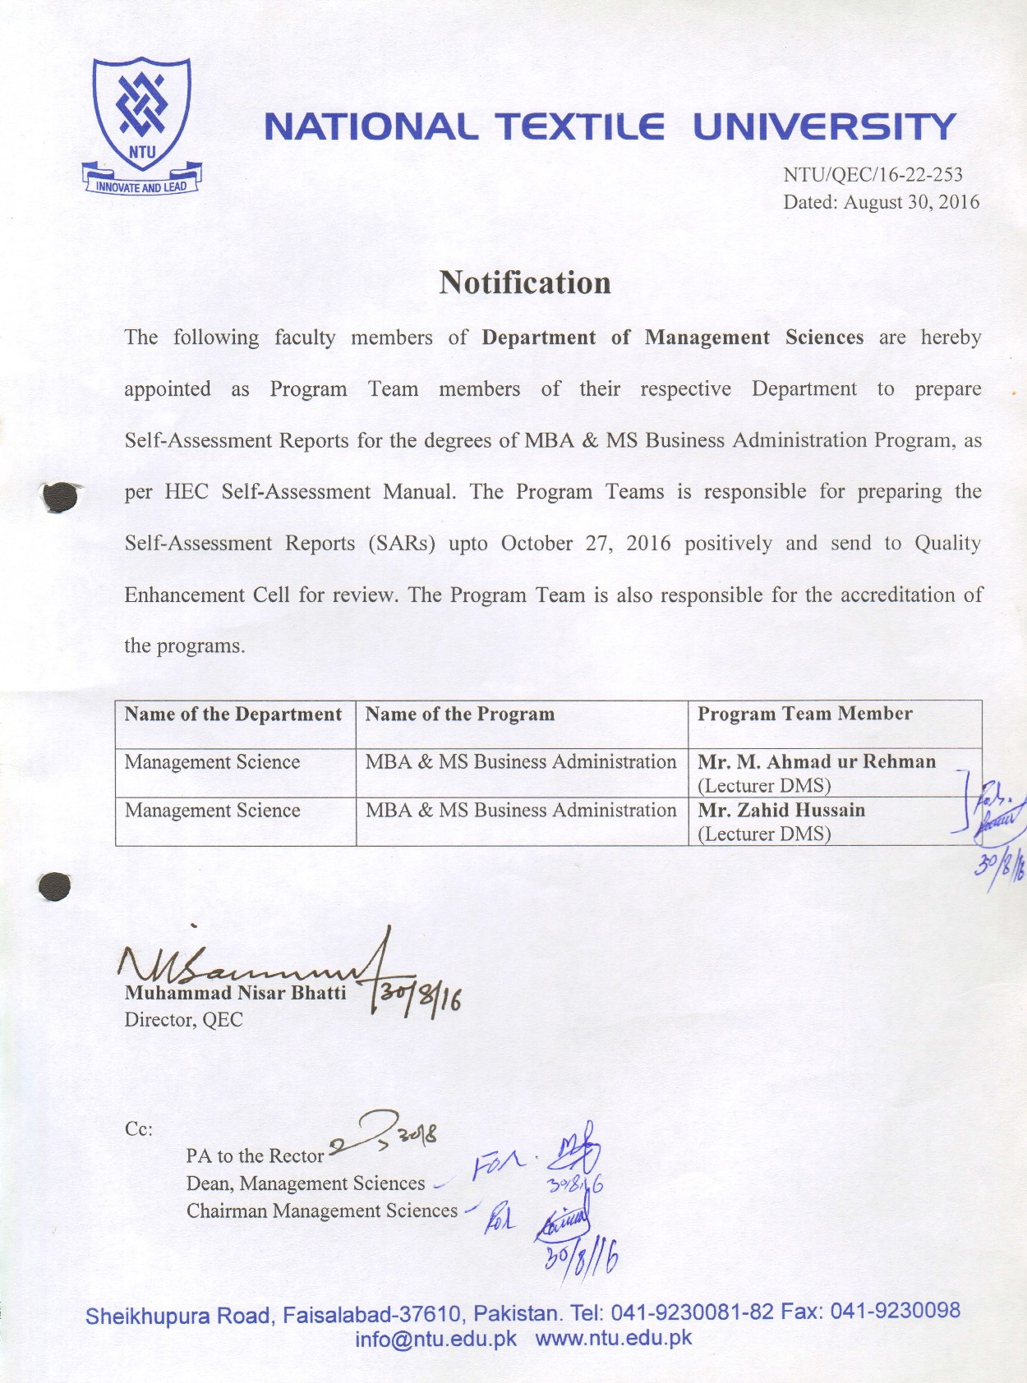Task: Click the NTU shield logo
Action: click(141, 115)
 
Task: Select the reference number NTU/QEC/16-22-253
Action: click(872, 174)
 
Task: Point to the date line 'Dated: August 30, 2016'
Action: click(880, 202)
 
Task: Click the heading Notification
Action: click(524, 283)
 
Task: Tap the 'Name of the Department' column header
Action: click(233, 714)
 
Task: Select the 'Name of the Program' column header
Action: click(459, 714)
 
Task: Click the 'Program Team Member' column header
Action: click(804, 714)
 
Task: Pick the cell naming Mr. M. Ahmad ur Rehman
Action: click(816, 762)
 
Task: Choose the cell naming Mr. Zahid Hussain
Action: click(781, 811)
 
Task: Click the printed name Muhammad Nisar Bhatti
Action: click(235, 993)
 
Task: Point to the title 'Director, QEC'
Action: click(183, 1020)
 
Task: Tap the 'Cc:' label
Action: click(138, 1129)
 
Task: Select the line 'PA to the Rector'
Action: click(255, 1156)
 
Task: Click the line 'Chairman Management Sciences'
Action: click(321, 1211)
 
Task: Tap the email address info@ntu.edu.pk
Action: click(435, 1339)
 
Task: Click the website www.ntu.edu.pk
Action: click(613, 1338)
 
